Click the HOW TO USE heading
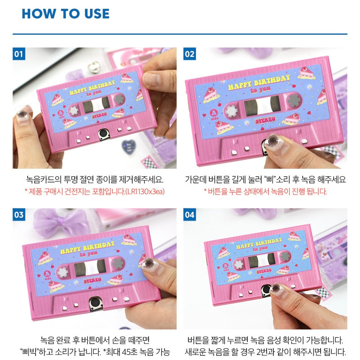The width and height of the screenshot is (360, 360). click(x=65, y=13)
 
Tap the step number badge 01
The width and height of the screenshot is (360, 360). click(x=19, y=54)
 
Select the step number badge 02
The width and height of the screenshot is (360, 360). click(x=190, y=54)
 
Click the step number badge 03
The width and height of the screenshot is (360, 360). click(x=19, y=215)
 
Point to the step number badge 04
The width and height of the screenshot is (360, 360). click(x=190, y=215)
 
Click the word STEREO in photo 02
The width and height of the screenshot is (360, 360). click(x=265, y=120)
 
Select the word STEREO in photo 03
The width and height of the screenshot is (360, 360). click(x=93, y=280)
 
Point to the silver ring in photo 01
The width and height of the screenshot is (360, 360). click(x=94, y=67)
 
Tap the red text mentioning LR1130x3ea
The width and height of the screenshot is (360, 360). click(x=95, y=191)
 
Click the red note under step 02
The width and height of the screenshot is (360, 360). click(x=265, y=191)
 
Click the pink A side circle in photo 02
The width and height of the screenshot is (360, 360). click(x=214, y=113)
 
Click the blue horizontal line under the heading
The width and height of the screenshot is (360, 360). click(x=180, y=34)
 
